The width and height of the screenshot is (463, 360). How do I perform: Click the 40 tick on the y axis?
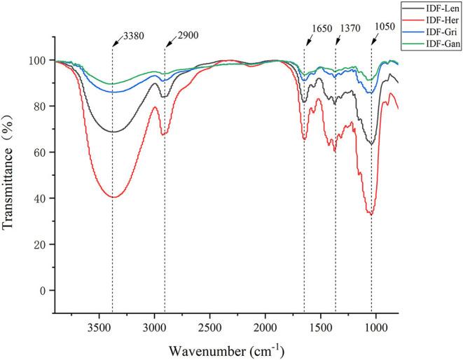43,198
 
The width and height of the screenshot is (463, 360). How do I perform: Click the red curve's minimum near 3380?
113,197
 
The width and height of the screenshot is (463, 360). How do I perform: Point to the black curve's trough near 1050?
371,144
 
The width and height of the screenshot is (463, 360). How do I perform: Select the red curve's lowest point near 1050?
371,214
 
